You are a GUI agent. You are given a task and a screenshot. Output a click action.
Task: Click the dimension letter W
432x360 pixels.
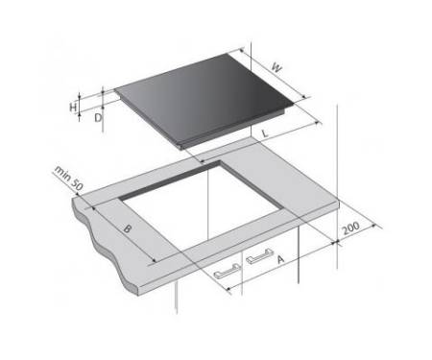coord(276,68)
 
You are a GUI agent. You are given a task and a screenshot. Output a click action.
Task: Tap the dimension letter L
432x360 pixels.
coord(265,133)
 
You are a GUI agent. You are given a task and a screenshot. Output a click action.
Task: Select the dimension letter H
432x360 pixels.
coord(73,107)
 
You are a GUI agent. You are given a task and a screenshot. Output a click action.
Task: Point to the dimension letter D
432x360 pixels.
coord(98,118)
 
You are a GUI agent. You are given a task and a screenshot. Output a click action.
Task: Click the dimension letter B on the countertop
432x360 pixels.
coord(128,228)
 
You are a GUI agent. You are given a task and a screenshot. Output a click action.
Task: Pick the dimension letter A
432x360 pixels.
coord(280,259)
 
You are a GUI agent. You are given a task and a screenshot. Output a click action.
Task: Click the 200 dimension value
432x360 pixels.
coord(350,228)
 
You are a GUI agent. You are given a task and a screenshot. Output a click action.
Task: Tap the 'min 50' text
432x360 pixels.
coord(69,178)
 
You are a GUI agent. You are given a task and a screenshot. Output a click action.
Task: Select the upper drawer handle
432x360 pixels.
coord(259,255)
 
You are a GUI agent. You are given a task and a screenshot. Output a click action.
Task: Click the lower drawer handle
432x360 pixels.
coord(227,271)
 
